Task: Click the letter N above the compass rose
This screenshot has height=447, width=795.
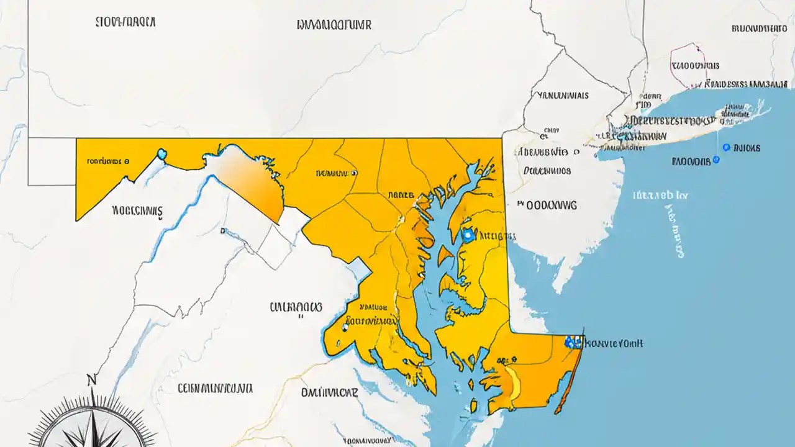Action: (x=92, y=380)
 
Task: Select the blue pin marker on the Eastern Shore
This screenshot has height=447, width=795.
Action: (x=468, y=235)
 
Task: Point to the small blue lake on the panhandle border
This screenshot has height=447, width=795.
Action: (x=163, y=153)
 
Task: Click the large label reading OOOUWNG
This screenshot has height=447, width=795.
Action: (x=547, y=204)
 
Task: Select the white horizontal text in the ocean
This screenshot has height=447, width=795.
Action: (x=660, y=195)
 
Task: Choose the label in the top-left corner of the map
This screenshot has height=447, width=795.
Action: (x=126, y=22)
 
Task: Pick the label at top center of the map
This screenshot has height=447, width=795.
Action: (x=334, y=25)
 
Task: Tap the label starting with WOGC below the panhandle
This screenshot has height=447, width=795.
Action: (x=137, y=211)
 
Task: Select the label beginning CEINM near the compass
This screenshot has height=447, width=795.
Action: (x=215, y=389)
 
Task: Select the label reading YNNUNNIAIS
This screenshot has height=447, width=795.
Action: (x=563, y=96)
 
